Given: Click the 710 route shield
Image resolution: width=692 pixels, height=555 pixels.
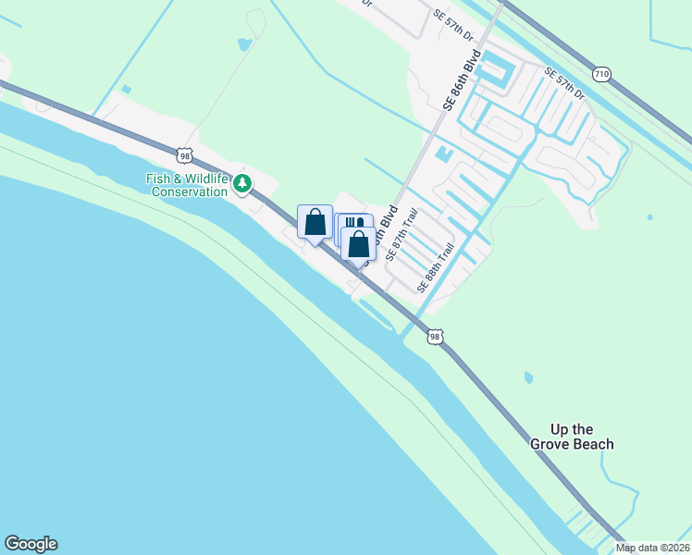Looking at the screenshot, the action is point(602,73).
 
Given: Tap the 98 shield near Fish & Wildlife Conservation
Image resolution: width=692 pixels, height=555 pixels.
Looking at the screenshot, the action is point(186,156).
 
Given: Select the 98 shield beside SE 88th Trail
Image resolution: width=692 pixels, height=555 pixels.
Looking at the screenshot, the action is point(435,338).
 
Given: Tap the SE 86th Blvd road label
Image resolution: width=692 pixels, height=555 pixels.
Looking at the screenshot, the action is point(463,82).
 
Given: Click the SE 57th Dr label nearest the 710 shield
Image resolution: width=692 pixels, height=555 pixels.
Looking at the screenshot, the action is point(564,84).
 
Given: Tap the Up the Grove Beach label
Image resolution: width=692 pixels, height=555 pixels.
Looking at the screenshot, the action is point(572,437).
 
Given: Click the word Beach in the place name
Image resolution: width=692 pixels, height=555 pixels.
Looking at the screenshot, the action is point(593,444).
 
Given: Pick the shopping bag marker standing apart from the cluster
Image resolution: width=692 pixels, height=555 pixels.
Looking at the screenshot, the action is point(315,222).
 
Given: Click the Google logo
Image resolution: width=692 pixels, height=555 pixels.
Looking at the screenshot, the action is point(31,544).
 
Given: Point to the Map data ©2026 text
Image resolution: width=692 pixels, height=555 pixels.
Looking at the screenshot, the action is point(653,548).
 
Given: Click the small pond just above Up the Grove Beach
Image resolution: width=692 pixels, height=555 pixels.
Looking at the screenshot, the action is point(527,377).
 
